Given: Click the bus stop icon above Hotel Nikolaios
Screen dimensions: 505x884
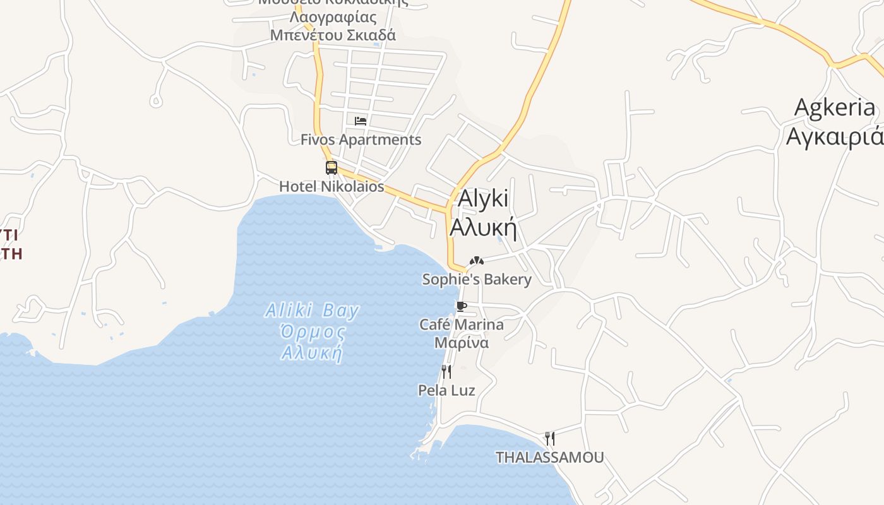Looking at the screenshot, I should tap(331, 168).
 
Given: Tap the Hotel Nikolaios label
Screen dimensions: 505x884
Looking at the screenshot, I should tap(331, 187).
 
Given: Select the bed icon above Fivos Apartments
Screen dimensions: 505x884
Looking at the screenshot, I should tap(361, 121).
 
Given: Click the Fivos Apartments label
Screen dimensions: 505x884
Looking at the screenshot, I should tap(361, 140).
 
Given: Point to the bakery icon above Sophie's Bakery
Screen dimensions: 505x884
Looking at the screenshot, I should tap(477, 260).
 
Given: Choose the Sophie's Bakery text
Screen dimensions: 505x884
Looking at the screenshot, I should tap(477, 279).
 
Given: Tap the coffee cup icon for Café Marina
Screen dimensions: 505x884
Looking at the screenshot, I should tap(462, 307).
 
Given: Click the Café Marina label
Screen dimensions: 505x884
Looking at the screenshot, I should tap(462, 324).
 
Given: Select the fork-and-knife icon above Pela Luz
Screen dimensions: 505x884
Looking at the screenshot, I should tap(446, 372).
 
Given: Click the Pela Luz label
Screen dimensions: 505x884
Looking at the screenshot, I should tap(446, 390).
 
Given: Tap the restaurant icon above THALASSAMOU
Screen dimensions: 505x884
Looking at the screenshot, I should tap(550, 438).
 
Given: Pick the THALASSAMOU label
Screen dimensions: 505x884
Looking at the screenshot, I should tap(549, 457).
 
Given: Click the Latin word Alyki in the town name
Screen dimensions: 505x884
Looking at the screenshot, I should tap(483, 198).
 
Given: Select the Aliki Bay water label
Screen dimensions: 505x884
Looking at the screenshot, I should tap(312, 311).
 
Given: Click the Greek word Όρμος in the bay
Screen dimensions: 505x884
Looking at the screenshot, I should tap(313, 332).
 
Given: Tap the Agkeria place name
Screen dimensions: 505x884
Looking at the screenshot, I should tap(835, 107).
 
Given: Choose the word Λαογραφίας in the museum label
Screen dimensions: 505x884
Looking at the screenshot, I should tap(333, 17).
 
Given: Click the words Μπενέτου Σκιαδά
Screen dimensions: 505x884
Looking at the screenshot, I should tap(333, 35).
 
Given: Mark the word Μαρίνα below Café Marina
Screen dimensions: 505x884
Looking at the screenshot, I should tap(462, 343).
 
